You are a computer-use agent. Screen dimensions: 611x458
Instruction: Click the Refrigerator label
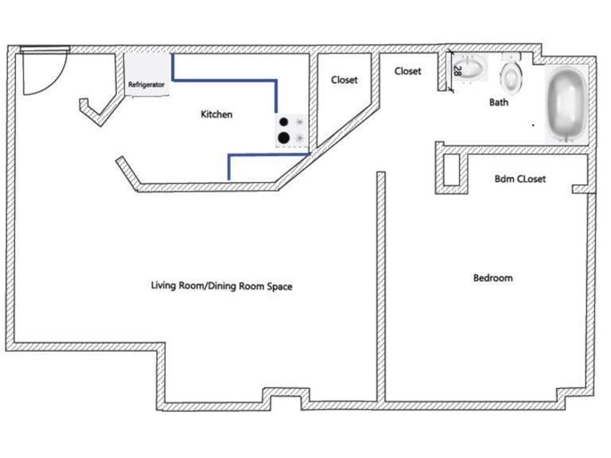coord(146,85)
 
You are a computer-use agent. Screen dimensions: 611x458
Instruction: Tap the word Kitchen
coord(216,114)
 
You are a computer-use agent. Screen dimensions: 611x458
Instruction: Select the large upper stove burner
coord(283,122)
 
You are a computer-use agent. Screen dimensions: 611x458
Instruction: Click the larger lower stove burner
coord(283,138)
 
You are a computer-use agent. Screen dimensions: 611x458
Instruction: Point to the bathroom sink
coord(470,67)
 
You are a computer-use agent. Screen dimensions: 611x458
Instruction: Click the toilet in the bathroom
coord(511,74)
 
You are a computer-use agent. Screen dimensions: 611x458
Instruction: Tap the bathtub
coord(567,104)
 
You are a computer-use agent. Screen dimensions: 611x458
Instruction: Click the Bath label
coord(499,103)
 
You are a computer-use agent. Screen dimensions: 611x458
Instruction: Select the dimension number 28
coord(458,71)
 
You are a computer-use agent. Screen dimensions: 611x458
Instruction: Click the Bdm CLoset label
coord(520,179)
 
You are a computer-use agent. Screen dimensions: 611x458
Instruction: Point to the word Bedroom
coord(493,278)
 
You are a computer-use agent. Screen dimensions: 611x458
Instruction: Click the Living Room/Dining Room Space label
coord(222,286)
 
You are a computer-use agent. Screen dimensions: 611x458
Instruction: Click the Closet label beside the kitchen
coord(344,80)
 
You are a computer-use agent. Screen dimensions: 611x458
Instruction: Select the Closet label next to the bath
coord(408,72)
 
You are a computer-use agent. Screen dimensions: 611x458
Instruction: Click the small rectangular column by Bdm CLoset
coord(452,170)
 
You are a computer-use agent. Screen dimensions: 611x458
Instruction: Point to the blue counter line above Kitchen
coord(225,81)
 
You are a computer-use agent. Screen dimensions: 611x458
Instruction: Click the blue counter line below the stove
coord(269,155)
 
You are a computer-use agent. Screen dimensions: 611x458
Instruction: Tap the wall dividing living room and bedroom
coord(381,287)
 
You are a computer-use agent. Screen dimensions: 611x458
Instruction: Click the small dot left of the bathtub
coord(533,125)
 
